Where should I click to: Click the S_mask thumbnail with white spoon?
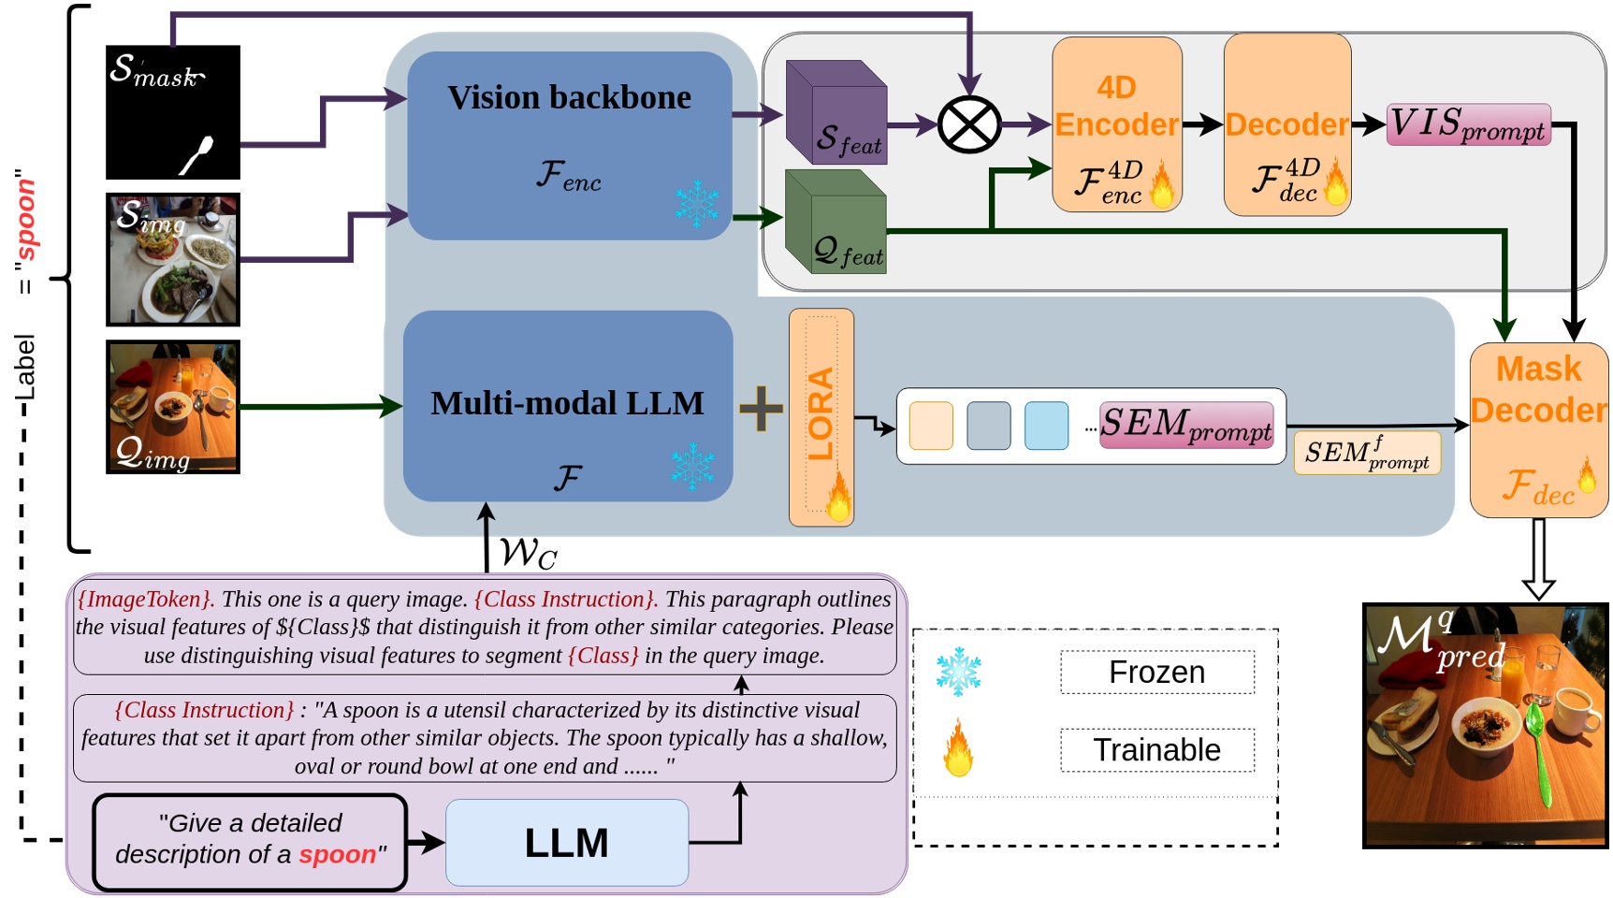coord(173,112)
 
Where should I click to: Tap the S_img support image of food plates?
coord(173,259)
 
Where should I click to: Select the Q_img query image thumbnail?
coord(173,407)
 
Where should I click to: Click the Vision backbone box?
coord(569,145)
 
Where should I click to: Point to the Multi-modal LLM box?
coord(567,405)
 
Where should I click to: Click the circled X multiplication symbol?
coord(969,124)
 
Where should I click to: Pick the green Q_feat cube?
coord(836,222)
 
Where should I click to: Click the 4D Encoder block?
coord(1116,124)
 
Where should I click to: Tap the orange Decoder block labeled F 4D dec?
coord(1286,124)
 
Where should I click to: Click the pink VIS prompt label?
coord(1468,124)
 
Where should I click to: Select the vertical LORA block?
coord(821,416)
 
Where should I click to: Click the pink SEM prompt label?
coord(1185,425)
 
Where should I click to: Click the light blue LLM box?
coord(567,842)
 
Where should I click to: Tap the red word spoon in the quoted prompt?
coord(337,854)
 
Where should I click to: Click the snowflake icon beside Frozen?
coord(958,672)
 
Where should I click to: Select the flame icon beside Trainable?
coord(958,748)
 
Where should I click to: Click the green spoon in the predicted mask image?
coord(1537,748)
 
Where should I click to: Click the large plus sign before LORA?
coord(761,408)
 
